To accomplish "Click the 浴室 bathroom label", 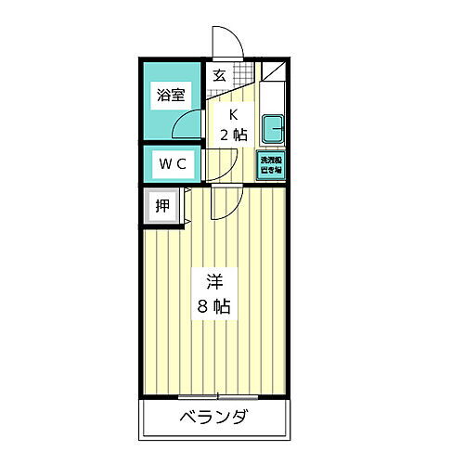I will (171, 94).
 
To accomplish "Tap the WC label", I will (173, 163).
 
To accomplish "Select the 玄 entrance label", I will (220, 76).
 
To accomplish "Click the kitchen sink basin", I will (273, 127).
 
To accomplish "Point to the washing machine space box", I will (270, 164).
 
